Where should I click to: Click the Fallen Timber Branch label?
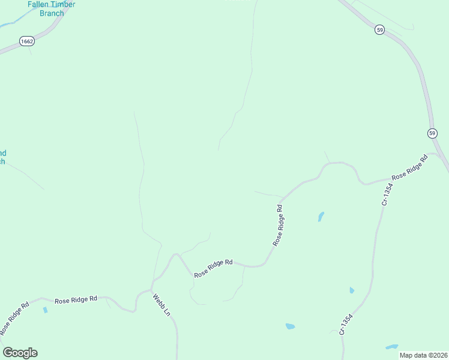51,8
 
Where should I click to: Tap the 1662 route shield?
26,41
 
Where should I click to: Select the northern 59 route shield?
379,29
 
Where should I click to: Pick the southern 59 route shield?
432,133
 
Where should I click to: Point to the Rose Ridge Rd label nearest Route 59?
409,169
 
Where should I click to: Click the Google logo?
20,353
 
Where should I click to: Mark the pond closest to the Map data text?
392,347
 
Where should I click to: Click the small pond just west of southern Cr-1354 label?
290,326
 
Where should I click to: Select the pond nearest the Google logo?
45,310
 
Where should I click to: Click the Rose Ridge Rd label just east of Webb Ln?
213,268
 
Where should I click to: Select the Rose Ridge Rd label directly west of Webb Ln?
76,299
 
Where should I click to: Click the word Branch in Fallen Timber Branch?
52,13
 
